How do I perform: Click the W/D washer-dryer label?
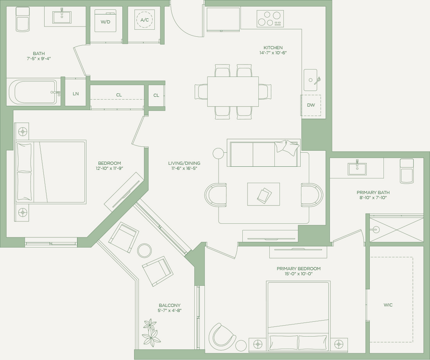[105, 22]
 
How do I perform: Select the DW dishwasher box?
[311, 105]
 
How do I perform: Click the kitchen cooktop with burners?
[270, 19]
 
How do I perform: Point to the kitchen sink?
[311, 80]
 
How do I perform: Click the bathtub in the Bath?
[32, 92]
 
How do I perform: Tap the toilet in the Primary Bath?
[407, 171]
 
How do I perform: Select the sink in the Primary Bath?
[357, 169]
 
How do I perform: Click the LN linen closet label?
[76, 94]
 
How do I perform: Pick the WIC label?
[388, 305]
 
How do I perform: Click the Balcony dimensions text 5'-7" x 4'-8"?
[170, 310]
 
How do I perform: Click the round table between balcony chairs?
[144, 250]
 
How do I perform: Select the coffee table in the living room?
[263, 194]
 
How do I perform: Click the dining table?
[233, 91]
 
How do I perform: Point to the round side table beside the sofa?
[218, 153]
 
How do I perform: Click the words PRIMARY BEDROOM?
[299, 269]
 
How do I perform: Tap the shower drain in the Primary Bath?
[376, 229]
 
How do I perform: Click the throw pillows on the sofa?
[287, 148]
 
